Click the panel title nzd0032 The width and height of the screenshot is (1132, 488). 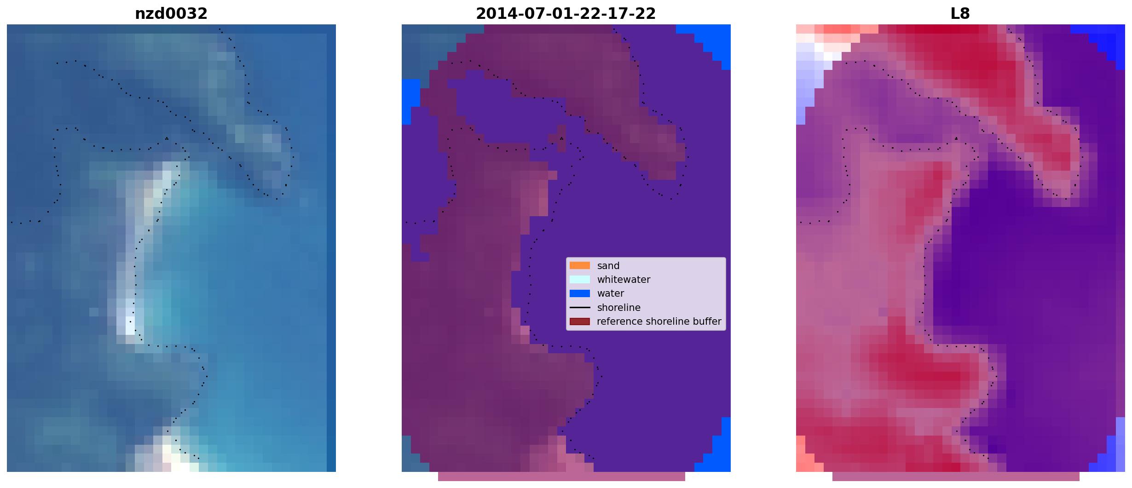171,14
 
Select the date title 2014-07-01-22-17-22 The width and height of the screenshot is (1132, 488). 566,14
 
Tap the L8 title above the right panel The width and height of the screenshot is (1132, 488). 960,14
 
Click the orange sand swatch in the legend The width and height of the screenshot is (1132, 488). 580,265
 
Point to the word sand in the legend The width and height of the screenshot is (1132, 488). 608,266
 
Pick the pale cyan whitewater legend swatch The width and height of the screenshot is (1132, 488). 580,279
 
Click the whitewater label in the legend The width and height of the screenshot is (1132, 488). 624,280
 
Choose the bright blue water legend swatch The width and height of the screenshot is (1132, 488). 580,293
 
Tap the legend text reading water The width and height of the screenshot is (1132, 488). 611,293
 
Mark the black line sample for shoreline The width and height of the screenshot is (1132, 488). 580,307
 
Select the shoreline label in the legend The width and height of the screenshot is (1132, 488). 619,308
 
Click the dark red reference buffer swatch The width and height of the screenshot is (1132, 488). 580,322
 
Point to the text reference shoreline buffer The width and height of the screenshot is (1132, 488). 659,322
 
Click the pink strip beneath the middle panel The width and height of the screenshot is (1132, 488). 561,477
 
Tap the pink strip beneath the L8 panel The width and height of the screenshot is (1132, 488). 956,477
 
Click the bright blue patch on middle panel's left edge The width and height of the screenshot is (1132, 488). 410,102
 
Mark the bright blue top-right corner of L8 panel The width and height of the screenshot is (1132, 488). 1107,39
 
